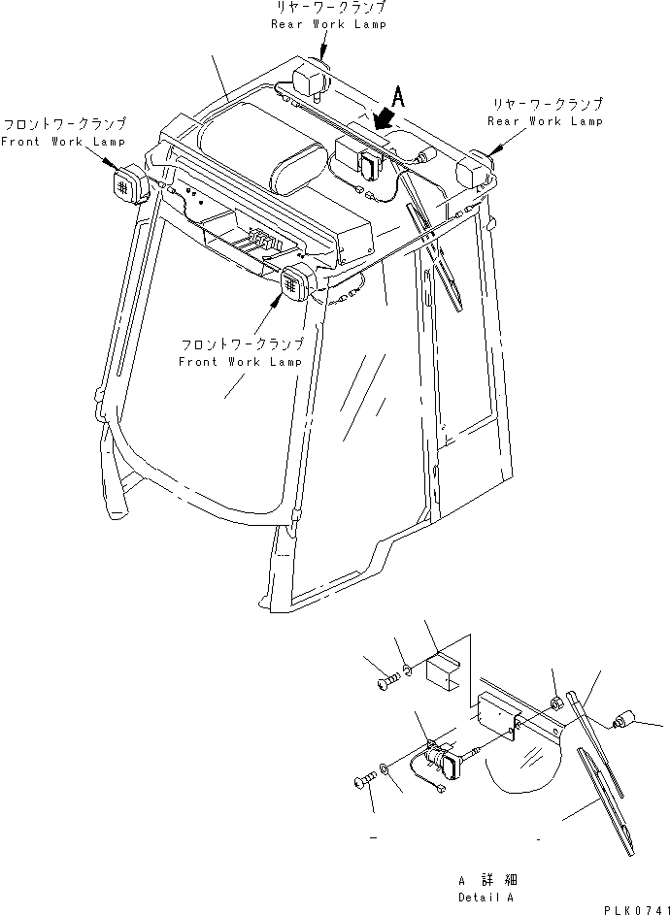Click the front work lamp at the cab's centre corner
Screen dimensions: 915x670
295,282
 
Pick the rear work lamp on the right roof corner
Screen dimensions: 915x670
477,172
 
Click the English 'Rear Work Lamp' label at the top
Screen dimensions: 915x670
328,23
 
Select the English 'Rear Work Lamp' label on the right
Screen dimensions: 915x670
545,121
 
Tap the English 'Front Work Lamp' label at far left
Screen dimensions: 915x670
63,142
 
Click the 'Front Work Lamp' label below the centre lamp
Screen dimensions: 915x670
240,361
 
